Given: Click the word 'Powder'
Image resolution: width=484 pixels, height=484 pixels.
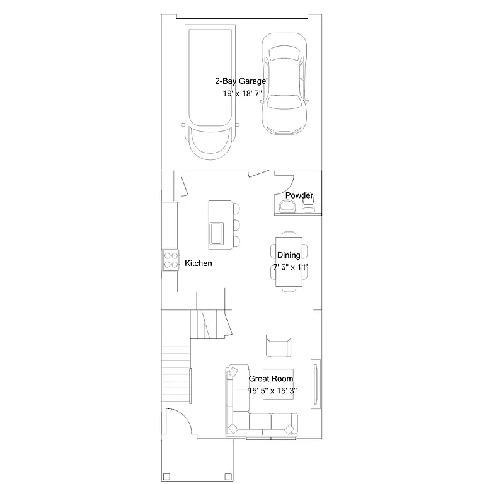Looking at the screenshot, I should tap(299, 196).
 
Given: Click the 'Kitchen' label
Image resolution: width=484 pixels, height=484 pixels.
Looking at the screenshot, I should tap(198, 263).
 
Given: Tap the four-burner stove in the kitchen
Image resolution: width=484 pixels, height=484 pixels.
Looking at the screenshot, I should tap(170, 260).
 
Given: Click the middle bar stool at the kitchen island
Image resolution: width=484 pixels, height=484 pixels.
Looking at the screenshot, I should tap(236, 224).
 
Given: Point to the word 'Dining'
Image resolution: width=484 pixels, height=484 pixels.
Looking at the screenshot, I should tap(289, 255).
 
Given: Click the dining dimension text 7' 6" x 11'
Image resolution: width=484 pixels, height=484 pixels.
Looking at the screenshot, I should tap(290, 267).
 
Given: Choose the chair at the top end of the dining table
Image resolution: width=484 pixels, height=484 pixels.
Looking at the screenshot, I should tap(289, 234).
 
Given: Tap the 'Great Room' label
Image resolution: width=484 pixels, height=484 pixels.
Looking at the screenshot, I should tap(271, 379).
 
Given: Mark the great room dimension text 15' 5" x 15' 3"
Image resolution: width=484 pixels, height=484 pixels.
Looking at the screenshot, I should tap(272, 391).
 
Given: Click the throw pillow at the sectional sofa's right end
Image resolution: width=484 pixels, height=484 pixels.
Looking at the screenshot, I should tap(289, 430).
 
